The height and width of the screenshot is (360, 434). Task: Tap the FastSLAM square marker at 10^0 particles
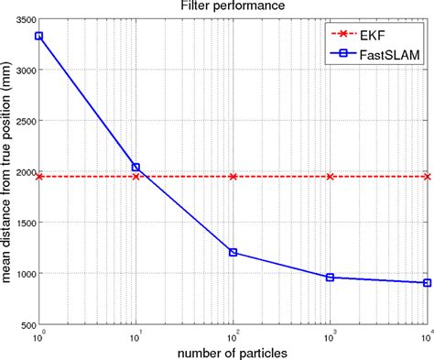click(39, 36)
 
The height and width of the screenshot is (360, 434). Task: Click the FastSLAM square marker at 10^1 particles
click(136, 167)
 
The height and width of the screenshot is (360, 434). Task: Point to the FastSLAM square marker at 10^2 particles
click(233, 252)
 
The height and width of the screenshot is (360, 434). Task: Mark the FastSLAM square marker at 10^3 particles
click(331, 277)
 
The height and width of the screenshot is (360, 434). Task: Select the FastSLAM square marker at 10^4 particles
click(427, 283)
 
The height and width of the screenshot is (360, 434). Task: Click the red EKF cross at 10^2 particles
click(233, 176)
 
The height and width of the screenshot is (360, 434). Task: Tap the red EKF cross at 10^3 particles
click(331, 176)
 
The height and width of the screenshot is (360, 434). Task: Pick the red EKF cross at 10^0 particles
click(39, 176)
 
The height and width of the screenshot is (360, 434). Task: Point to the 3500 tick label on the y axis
click(21, 18)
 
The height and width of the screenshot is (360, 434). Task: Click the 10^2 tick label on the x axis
click(233, 336)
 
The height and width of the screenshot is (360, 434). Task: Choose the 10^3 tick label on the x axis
click(331, 336)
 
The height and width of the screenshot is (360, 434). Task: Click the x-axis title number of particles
click(233, 352)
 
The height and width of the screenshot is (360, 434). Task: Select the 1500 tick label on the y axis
click(21, 223)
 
